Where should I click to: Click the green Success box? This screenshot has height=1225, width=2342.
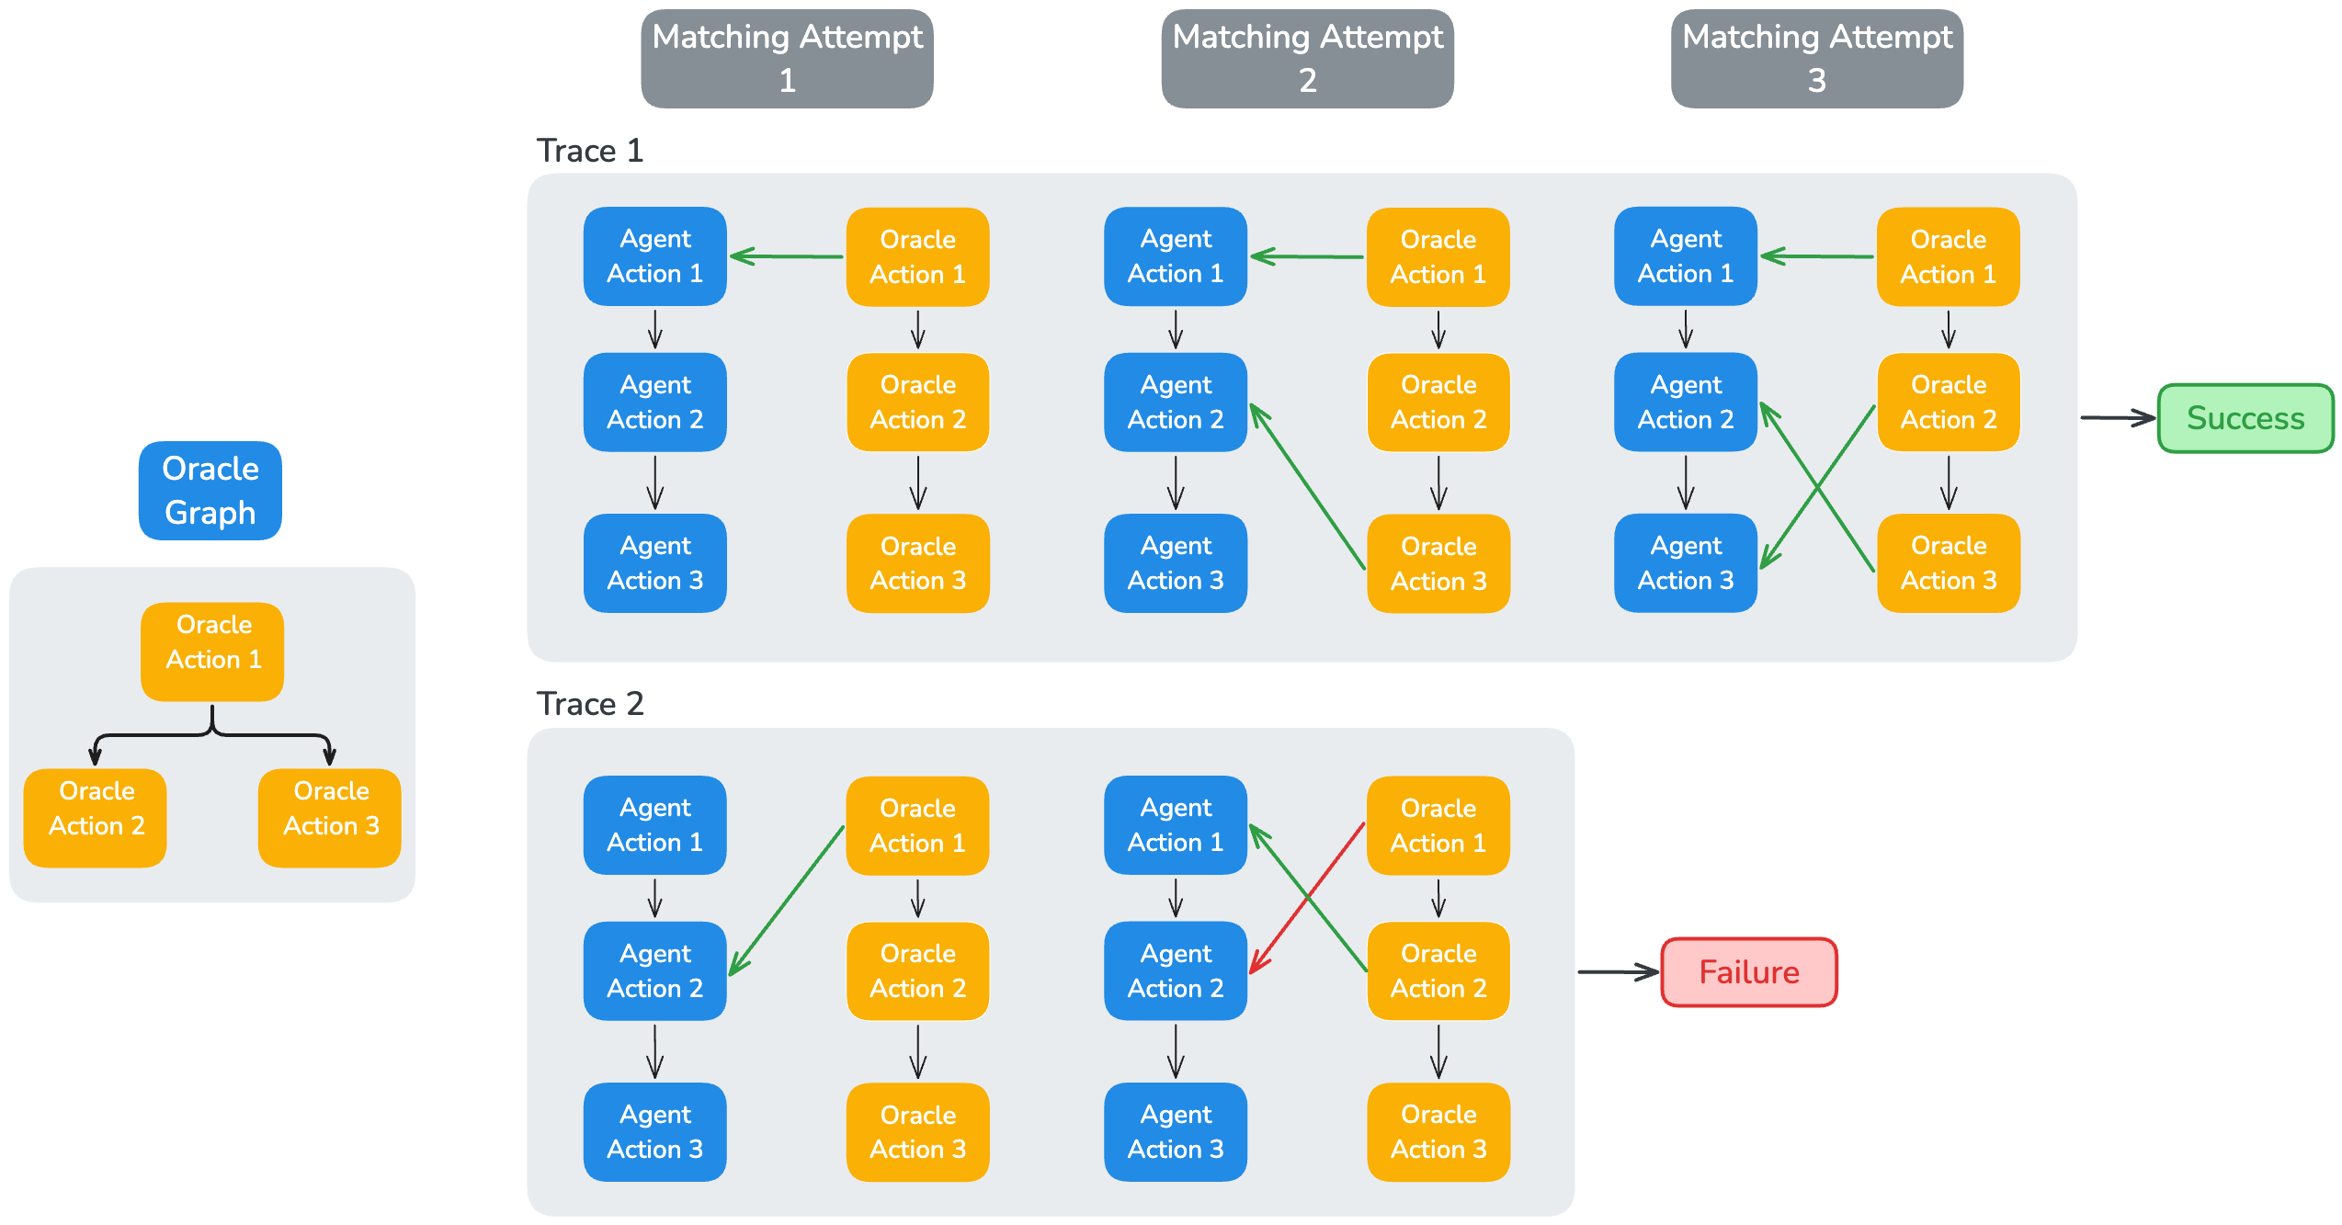(2245, 418)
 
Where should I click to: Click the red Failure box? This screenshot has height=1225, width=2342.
(1749, 972)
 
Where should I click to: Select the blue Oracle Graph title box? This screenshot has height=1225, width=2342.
(210, 491)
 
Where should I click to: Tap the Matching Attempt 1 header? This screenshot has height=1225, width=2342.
(788, 59)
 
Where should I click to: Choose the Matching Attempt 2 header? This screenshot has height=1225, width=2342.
(1308, 59)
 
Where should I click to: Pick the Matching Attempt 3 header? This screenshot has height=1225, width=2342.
(1817, 59)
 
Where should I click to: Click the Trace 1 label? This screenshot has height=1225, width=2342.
(590, 151)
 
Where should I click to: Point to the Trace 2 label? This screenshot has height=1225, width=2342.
(590, 704)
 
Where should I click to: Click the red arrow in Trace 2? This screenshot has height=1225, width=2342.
(1307, 899)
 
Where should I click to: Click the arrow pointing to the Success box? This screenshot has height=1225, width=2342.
(2118, 418)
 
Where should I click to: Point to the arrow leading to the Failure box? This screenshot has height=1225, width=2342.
(1619, 972)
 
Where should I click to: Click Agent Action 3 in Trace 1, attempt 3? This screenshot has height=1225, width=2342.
(1686, 562)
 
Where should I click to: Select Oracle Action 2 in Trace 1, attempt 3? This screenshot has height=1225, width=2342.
(1949, 403)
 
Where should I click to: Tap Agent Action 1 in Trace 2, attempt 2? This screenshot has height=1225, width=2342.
(1176, 825)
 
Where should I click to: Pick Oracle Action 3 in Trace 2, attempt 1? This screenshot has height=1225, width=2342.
(918, 1132)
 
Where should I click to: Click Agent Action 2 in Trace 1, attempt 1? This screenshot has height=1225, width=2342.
(655, 403)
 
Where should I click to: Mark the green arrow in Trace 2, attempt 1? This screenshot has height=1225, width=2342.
(787, 901)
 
